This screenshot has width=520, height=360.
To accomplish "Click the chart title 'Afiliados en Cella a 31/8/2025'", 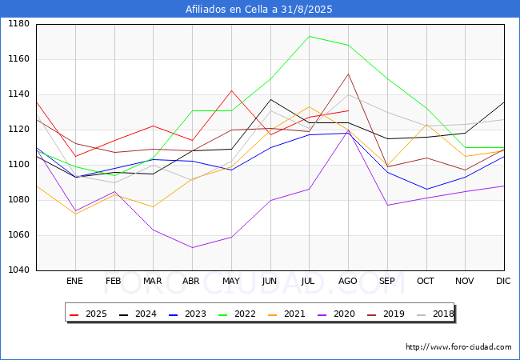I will point(259,10).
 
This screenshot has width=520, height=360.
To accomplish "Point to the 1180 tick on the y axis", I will point(18,24).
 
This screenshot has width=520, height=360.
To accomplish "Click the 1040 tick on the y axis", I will point(18,270).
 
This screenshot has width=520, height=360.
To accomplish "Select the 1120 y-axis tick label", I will point(18,94).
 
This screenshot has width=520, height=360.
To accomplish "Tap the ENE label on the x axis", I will point(74,282).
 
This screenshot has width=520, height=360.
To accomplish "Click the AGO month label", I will point(348,282).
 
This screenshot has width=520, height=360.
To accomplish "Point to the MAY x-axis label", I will point(230,282).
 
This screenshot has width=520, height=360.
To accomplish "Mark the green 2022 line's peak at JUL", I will point(309,36).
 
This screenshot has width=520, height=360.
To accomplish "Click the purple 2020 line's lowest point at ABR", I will point(192,247).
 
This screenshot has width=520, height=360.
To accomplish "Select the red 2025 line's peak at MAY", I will point(231,90).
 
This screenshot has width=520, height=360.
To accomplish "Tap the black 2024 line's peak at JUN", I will point(270,99).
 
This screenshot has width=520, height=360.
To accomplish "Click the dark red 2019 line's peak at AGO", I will point(348,74).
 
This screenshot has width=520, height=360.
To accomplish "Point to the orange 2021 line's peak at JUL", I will point(309,106).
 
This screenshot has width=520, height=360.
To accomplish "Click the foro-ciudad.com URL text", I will point(458,347).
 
